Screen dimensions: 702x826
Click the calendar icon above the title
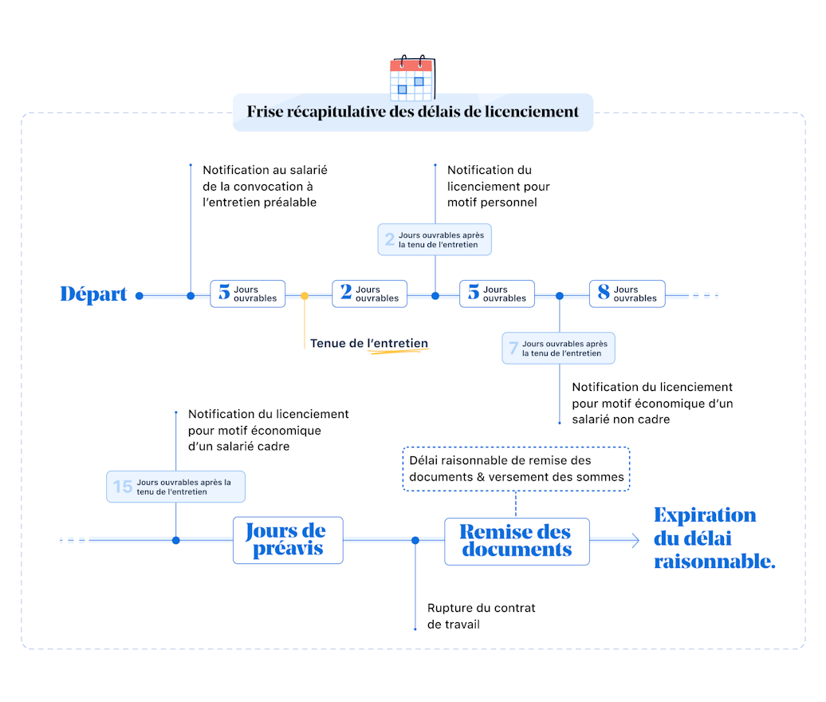pyautogui.click(x=411, y=78)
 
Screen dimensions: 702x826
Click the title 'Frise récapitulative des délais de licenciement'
pyautogui.click(x=413, y=112)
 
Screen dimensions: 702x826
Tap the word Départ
pyautogui.click(x=94, y=294)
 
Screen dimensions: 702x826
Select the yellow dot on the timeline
pyautogui.click(x=305, y=296)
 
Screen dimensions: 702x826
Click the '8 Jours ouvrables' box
pyautogui.click(x=627, y=294)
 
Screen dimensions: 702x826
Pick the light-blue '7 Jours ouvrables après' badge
pyautogui.click(x=558, y=349)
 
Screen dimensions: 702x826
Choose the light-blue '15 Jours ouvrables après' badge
pyautogui.click(x=175, y=486)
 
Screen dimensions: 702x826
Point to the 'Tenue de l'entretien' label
pyautogui.click(x=369, y=344)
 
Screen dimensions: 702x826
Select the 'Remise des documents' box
pyautogui.click(x=517, y=542)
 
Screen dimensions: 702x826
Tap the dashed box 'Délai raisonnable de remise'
pyautogui.click(x=517, y=469)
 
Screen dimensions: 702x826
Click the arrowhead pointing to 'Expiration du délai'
pyautogui.click(x=635, y=541)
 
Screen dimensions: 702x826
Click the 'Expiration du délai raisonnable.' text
pyautogui.click(x=714, y=538)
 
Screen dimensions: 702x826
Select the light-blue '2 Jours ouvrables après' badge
pyautogui.click(x=435, y=239)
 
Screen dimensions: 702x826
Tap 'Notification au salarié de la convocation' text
pyautogui.click(x=265, y=186)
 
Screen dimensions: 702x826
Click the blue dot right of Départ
pyautogui.click(x=140, y=296)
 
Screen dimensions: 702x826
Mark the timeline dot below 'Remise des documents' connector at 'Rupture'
pyautogui.click(x=415, y=541)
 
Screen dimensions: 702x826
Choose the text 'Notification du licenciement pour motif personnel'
pyautogui.click(x=498, y=186)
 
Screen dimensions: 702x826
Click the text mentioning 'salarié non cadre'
pyautogui.click(x=652, y=403)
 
